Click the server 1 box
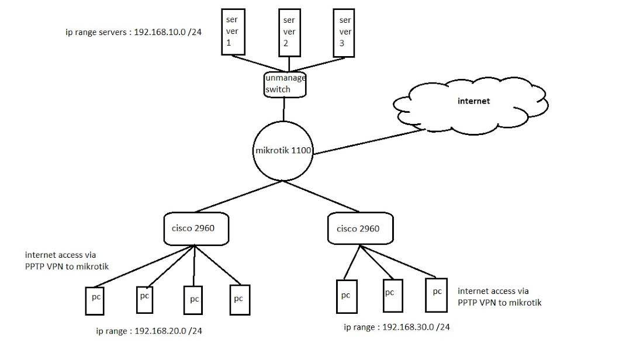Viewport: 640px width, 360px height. tap(231, 32)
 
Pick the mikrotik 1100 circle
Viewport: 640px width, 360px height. tap(283, 151)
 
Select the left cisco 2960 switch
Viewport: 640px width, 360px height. tap(194, 229)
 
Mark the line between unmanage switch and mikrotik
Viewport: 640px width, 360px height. tap(284, 109)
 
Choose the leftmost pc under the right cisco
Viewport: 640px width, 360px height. tap(346, 295)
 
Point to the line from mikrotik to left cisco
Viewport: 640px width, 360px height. tap(240, 196)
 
